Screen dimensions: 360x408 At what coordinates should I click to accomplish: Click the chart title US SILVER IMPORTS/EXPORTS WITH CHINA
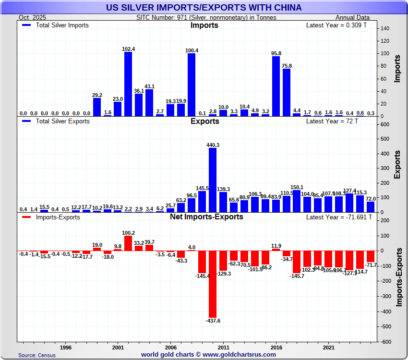[204, 7]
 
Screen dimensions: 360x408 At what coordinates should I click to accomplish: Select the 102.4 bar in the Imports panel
[128, 84]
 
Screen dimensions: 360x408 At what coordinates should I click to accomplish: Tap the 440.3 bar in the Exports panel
[212, 180]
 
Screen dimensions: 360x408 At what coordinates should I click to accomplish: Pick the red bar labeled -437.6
[212, 284]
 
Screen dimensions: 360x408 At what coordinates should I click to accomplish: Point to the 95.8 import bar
[276, 86]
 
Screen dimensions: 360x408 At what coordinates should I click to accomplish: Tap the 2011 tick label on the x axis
[223, 347]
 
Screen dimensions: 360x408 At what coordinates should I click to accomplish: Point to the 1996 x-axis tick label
[66, 347]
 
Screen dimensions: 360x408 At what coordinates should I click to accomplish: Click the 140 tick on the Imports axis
[384, 28]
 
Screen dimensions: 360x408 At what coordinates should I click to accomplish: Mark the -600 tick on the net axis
[384, 342]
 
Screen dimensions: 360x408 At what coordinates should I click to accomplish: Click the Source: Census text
[36, 355]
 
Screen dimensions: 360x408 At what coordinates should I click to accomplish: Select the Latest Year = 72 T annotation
[332, 121]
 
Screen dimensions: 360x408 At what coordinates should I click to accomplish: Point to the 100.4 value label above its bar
[191, 50]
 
